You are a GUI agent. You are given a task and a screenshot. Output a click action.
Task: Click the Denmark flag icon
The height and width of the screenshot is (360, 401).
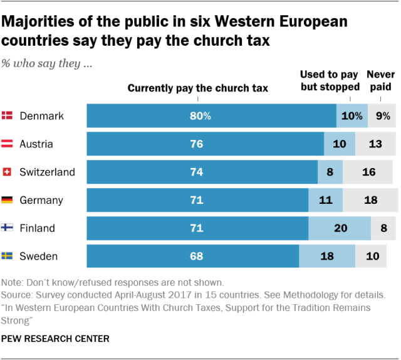point(8,115)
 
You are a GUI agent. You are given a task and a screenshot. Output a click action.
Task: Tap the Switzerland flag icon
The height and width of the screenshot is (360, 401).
point(8,172)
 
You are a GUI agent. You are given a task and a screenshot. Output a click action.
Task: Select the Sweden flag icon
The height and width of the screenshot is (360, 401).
point(8,256)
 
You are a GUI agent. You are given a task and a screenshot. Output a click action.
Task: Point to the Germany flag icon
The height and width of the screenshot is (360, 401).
point(8,200)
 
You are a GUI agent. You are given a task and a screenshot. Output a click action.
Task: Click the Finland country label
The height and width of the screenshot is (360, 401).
point(37,228)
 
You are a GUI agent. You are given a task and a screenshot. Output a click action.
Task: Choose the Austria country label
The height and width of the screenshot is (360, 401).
point(36,144)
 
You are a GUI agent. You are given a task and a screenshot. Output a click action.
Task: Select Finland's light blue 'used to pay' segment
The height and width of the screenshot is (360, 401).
point(340,228)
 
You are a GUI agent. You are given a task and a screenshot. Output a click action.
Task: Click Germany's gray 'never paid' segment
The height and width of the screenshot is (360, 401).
point(370,200)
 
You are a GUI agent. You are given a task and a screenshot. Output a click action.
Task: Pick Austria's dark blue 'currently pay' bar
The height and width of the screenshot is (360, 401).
point(205,144)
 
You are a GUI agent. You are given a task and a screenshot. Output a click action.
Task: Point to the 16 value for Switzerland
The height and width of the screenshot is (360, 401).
point(370,172)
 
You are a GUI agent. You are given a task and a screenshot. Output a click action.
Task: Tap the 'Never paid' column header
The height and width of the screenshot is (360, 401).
point(380,81)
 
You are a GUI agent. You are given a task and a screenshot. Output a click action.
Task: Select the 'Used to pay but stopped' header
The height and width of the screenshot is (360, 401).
point(330,81)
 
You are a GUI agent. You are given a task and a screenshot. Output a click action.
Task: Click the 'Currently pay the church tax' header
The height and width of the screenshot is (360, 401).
point(198,88)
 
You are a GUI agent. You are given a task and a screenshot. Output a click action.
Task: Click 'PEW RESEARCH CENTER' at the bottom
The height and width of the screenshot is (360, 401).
point(56,339)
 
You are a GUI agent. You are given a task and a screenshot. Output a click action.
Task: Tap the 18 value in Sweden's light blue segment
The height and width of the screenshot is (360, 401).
point(327,256)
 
